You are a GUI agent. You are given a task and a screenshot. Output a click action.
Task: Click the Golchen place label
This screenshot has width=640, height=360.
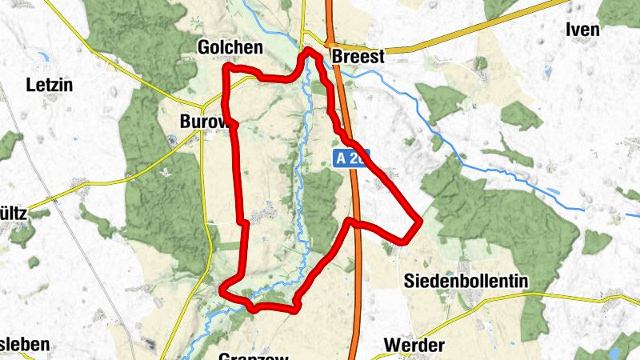click(230, 49)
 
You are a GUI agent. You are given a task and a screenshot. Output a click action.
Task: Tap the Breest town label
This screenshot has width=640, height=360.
click(358, 57)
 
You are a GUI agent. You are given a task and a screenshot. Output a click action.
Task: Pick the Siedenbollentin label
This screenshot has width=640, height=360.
click(466, 281)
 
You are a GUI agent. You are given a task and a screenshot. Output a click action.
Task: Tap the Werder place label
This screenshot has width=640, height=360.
click(414, 345)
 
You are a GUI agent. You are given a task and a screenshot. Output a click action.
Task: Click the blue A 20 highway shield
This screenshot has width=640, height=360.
click(350, 158)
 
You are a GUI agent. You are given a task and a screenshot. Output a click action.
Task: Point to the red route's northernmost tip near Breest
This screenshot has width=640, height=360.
click(309, 50)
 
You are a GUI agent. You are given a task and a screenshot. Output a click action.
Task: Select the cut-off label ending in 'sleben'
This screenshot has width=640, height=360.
click(24, 345)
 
